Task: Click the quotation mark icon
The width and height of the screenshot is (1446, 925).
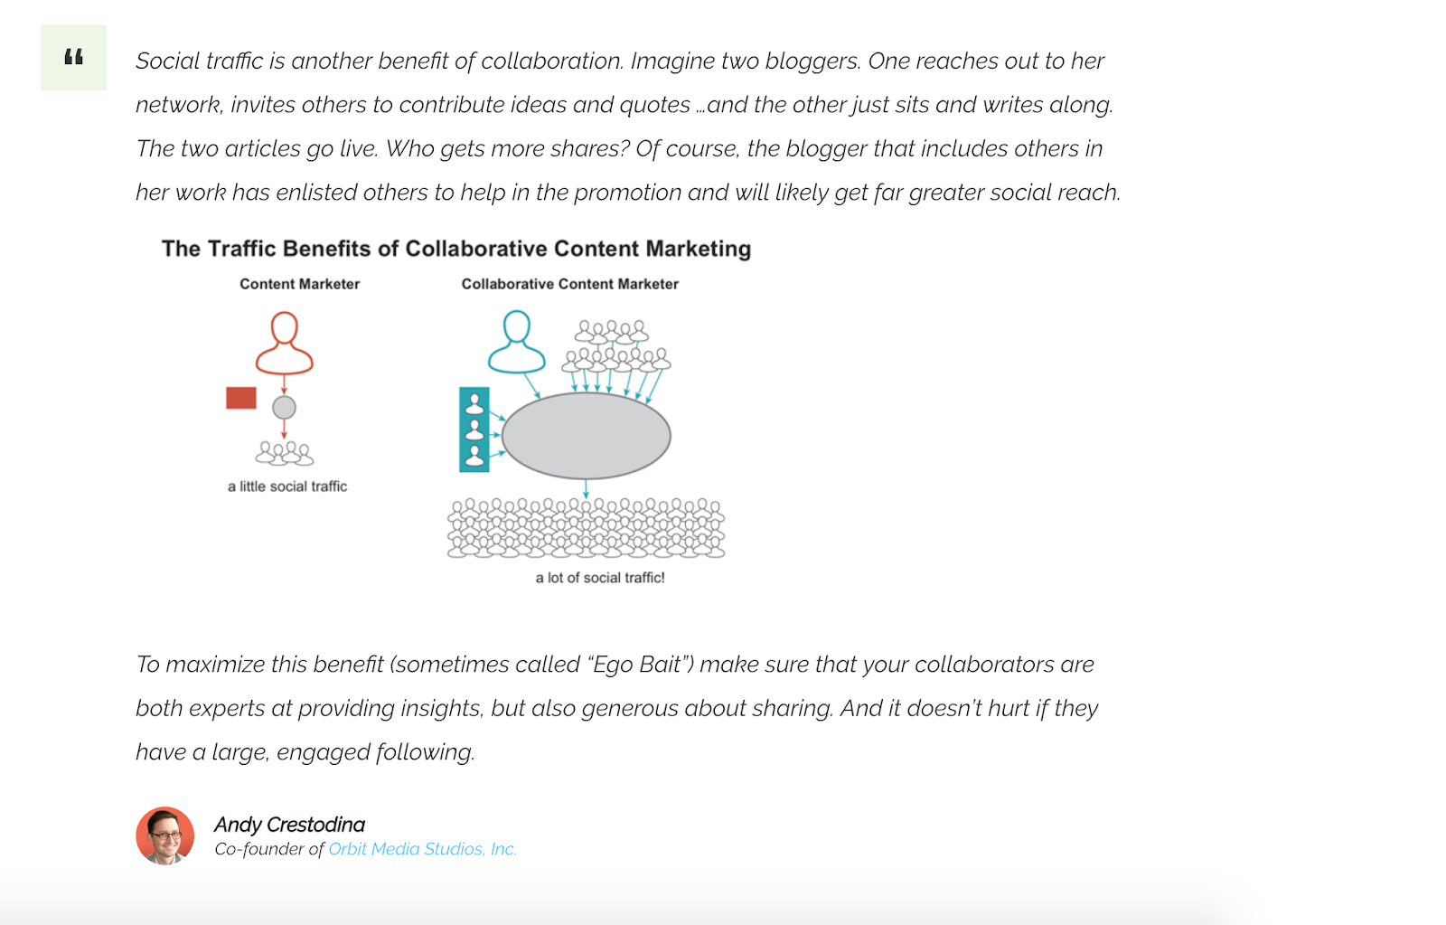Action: click(73, 58)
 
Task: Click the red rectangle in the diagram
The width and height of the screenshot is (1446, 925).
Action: click(241, 398)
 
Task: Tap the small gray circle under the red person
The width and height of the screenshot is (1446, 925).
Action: click(284, 408)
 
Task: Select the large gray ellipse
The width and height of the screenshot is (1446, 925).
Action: click(586, 436)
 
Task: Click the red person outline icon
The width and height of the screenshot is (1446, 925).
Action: click(284, 343)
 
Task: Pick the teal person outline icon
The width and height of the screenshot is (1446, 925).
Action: click(517, 342)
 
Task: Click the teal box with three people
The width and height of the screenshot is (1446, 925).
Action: click(474, 429)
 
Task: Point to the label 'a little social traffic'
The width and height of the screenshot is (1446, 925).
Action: click(287, 486)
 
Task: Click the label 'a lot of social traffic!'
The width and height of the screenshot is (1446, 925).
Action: click(600, 578)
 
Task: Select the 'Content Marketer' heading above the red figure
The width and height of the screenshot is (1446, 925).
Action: click(299, 284)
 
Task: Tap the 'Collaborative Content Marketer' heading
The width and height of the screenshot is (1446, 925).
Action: click(569, 284)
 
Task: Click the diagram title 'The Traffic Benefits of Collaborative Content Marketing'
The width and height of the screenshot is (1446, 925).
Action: click(456, 249)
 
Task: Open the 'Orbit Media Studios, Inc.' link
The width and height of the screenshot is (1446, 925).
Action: click(422, 849)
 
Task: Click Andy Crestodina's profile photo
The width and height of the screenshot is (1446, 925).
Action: click(165, 835)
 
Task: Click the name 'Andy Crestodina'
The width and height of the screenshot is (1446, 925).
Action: click(289, 825)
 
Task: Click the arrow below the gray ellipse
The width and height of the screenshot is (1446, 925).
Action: click(586, 489)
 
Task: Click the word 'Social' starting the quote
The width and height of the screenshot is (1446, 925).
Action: click(167, 61)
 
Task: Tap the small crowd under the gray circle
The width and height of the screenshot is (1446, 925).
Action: click(284, 452)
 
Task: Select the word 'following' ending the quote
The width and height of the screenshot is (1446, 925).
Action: click(424, 752)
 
